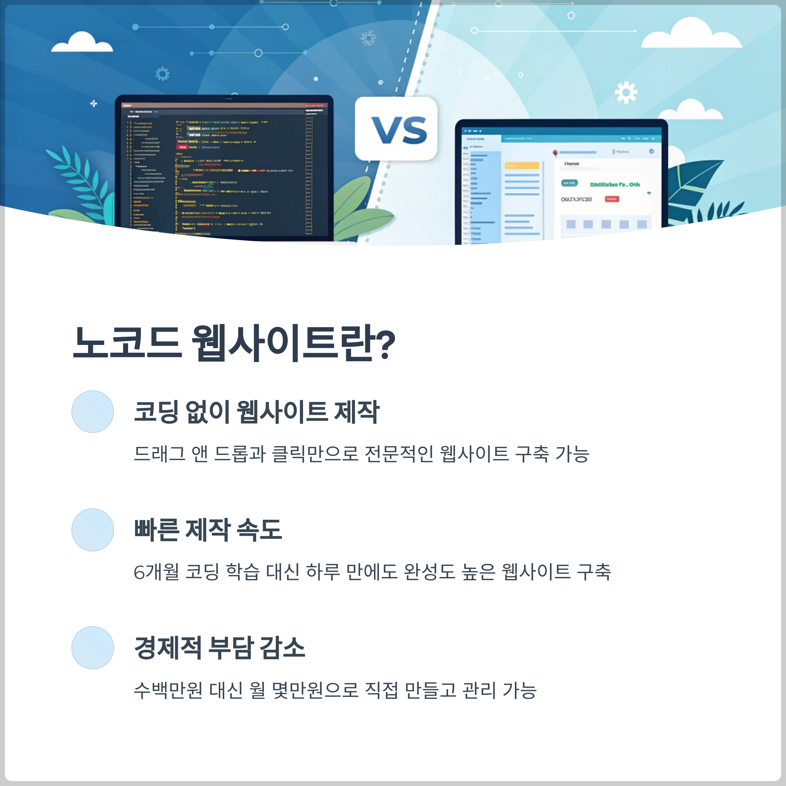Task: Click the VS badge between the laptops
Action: click(396, 129)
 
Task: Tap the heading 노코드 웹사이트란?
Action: click(234, 343)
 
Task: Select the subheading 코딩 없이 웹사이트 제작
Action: click(256, 412)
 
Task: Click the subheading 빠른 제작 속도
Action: click(208, 530)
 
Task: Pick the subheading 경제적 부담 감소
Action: click(220, 648)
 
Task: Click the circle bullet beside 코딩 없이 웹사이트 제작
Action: click(93, 412)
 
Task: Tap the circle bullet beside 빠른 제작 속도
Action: click(93, 530)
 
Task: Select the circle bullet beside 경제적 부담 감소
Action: click(93, 648)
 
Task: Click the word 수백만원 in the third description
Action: click(168, 690)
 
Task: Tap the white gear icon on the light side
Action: click(626, 92)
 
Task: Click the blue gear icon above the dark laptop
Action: click(162, 74)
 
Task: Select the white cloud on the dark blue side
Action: click(82, 43)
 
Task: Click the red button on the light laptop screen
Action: click(612, 199)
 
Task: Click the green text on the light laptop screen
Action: click(615, 184)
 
